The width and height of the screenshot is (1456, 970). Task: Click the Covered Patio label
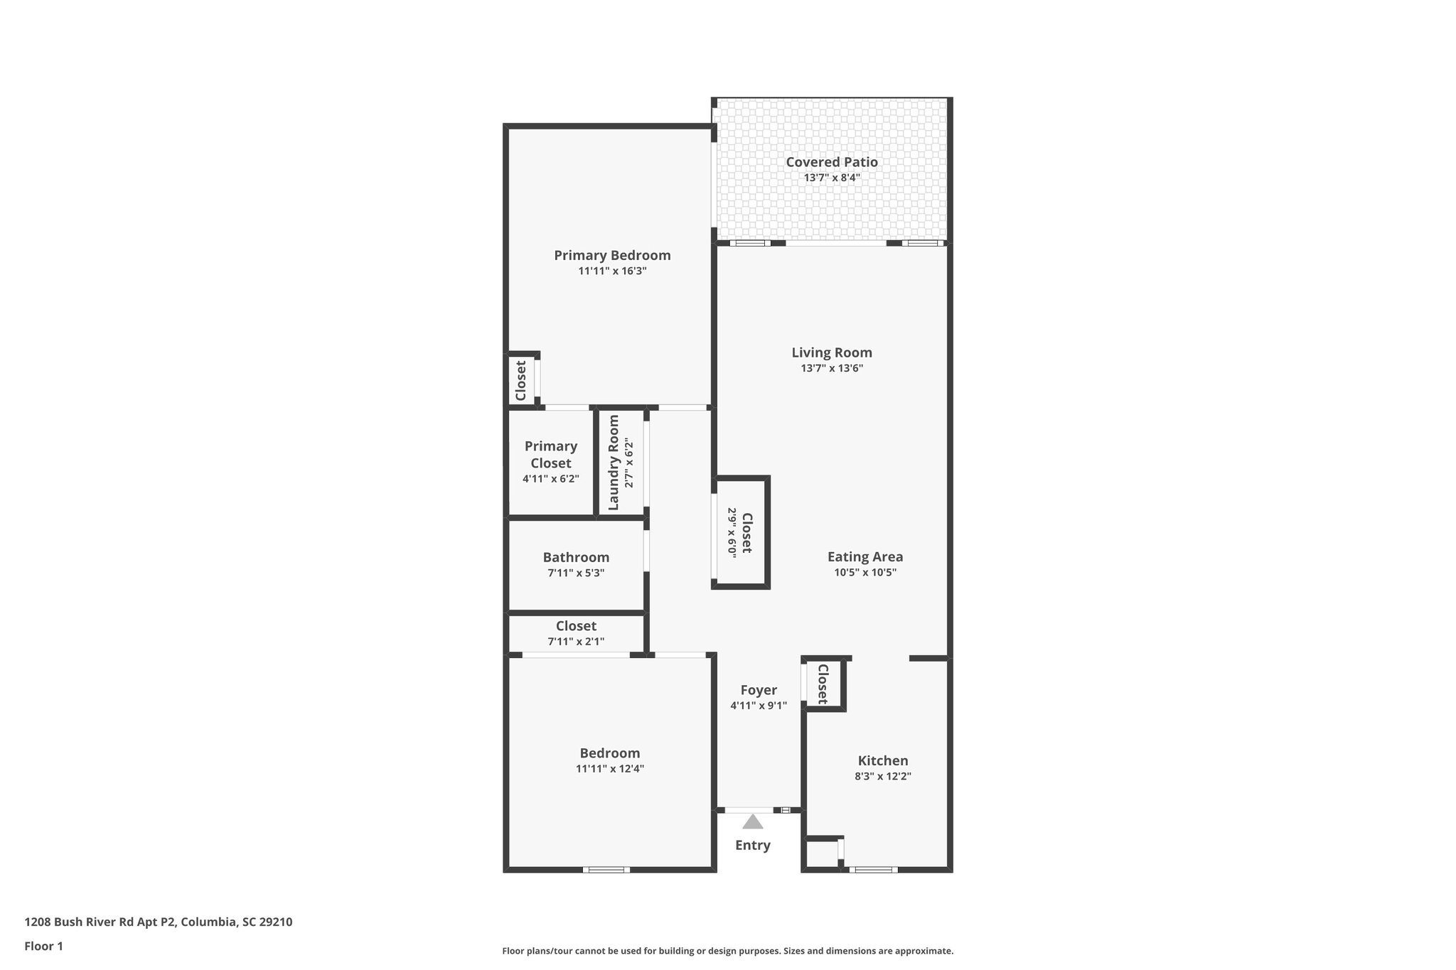pyautogui.click(x=831, y=162)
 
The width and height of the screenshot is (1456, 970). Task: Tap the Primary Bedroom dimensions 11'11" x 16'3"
pyautogui.click(x=612, y=271)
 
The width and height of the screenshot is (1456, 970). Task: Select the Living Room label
pyautogui.click(x=832, y=352)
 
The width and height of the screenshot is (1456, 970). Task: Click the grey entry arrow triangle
pyautogui.click(x=753, y=822)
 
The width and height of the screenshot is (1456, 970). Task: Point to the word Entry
pyautogui.click(x=753, y=845)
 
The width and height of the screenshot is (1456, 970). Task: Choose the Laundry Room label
pyautogui.click(x=614, y=463)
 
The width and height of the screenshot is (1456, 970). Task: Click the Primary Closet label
pyautogui.click(x=551, y=454)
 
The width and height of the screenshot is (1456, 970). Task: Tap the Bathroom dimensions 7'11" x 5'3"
pyautogui.click(x=576, y=573)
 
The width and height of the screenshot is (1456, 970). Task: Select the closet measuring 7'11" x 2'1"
pyautogui.click(x=576, y=633)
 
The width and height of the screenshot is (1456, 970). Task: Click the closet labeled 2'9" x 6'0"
pyautogui.click(x=741, y=533)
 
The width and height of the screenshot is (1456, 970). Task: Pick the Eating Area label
pyautogui.click(x=865, y=557)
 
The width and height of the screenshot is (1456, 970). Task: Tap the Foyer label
pyautogui.click(x=759, y=690)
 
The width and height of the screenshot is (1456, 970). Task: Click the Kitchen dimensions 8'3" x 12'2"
pyautogui.click(x=883, y=777)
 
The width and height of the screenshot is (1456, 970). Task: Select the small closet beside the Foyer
pyautogui.click(x=823, y=684)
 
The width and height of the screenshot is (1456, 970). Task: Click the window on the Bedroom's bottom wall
pyautogui.click(x=606, y=870)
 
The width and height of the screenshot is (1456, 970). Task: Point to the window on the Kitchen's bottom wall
pyautogui.click(x=873, y=870)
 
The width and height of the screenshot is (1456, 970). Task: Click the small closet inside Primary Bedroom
pyautogui.click(x=520, y=380)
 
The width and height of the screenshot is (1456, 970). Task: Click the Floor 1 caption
pyautogui.click(x=44, y=947)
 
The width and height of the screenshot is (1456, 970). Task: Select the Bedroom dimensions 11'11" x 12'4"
pyautogui.click(x=610, y=769)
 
